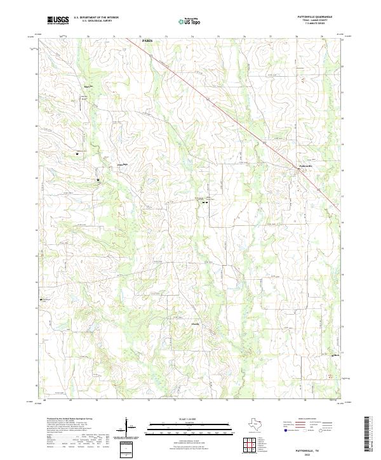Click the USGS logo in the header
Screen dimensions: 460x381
click(58, 21)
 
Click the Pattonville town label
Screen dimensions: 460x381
click(306, 168)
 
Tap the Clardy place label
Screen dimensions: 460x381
click(178, 324)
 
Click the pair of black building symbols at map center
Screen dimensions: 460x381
click(206, 202)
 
